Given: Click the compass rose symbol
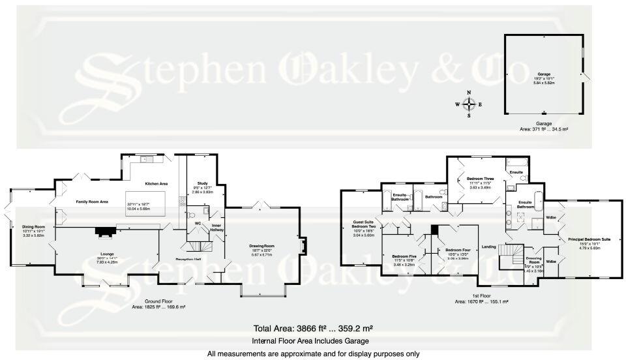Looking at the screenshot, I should coord(468,104).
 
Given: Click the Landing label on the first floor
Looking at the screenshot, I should coord(489,246).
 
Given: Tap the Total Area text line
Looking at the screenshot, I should coord(312,328).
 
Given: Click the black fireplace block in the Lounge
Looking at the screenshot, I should coord(104,230).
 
